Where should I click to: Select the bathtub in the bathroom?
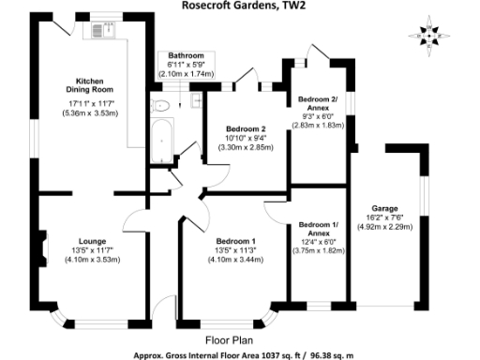(x=162, y=141)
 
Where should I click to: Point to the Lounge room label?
(x=91, y=241)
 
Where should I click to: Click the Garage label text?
(x=385, y=208)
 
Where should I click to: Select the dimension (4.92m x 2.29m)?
(x=385, y=226)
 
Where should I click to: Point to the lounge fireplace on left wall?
(x=40, y=247)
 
